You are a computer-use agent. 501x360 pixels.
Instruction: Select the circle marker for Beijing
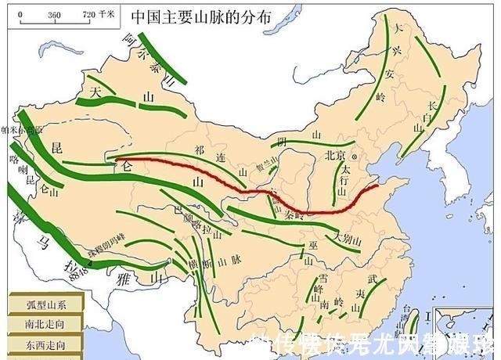pos(355,155)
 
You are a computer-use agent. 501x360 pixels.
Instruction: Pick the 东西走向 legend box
pos(35,344)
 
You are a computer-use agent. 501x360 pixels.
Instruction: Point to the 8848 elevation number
pos(77,270)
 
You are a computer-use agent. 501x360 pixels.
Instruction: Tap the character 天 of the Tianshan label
pos(96,92)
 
